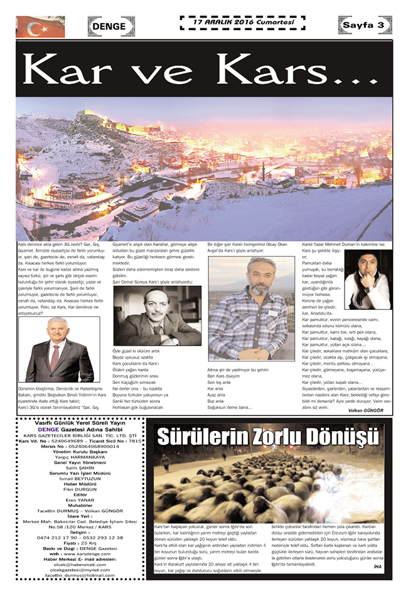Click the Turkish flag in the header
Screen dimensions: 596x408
(x=40, y=26)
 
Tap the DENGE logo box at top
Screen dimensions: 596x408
(x=110, y=26)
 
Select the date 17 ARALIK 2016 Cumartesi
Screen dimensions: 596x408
(x=242, y=23)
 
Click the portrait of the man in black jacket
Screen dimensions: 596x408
(x=368, y=280)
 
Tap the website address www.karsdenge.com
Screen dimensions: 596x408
(x=83, y=555)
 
